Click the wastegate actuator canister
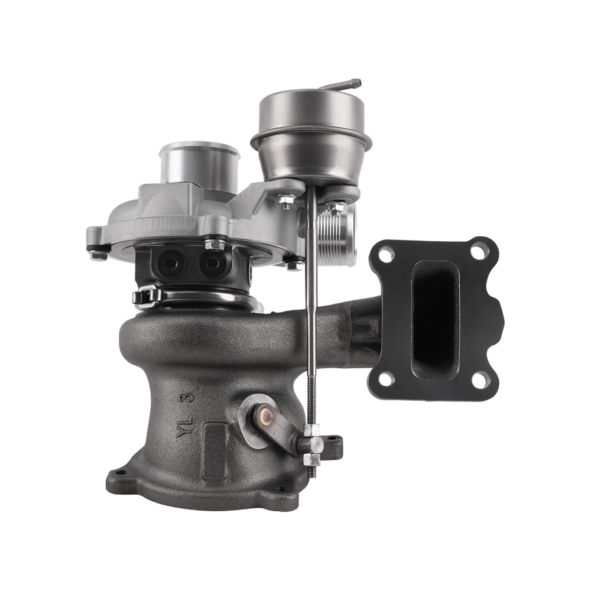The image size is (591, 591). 311,136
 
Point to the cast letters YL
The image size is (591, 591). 185,426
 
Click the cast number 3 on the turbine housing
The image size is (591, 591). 189,399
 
